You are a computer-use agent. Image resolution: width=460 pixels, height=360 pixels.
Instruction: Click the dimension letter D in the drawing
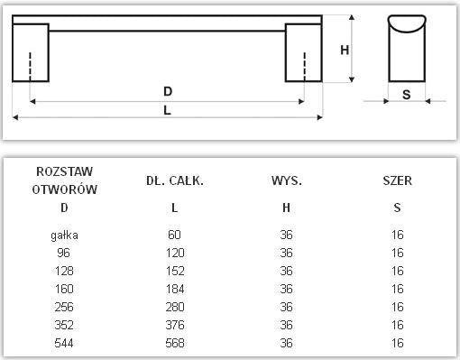coord(168,91)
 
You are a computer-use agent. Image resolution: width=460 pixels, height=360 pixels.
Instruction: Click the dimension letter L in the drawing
coord(168,110)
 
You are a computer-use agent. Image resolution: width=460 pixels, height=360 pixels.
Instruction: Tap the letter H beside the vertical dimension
coord(344,51)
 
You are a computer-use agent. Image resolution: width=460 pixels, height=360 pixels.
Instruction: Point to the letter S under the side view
coord(407,94)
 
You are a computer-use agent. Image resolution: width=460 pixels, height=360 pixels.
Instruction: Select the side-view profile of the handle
coord(407,49)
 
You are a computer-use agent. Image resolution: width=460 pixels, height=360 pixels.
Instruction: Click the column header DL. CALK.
coord(175,180)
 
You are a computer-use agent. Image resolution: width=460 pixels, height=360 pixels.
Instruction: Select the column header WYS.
coord(286,180)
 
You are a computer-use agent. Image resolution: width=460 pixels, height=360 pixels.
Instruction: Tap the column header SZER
coord(397,180)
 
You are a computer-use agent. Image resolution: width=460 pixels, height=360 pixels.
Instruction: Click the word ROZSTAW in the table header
coord(64,171)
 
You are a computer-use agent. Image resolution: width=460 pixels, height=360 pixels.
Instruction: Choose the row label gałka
coord(64,235)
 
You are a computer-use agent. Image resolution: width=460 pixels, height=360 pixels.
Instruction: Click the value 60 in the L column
coord(175,235)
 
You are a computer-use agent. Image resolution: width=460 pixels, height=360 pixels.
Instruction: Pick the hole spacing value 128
coord(64,271)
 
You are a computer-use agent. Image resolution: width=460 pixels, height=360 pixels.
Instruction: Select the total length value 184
coord(175,289)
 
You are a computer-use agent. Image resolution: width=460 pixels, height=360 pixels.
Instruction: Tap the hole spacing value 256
coord(64,307)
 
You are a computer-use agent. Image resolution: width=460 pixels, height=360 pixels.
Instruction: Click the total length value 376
coord(175,325)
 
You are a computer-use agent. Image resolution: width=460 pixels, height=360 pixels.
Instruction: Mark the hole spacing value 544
coord(64,343)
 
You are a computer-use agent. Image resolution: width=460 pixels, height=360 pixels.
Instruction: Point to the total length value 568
coord(175,343)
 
